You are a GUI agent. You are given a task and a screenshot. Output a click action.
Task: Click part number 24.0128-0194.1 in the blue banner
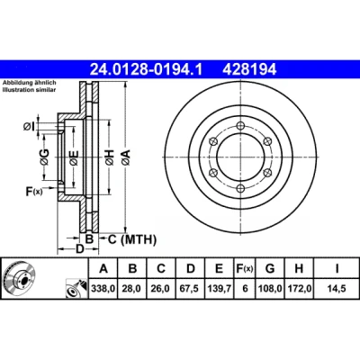pos(147,69)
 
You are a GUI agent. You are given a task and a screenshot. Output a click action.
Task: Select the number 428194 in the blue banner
pos(249,69)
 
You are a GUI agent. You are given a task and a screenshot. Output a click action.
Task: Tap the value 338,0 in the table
pos(103,289)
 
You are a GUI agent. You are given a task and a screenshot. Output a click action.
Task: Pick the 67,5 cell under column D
pos(191,289)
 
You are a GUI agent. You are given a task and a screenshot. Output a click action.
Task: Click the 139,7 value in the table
pos(220,289)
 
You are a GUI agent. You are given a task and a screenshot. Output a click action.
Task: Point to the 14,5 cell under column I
pos(337,289)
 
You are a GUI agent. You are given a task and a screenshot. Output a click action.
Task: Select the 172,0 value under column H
pos(299,289)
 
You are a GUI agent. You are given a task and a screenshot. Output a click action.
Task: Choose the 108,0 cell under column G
pos(270,289)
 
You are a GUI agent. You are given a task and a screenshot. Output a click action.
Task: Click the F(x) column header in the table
pos(245,268)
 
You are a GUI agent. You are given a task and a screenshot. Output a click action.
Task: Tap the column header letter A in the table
pos(103,268)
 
